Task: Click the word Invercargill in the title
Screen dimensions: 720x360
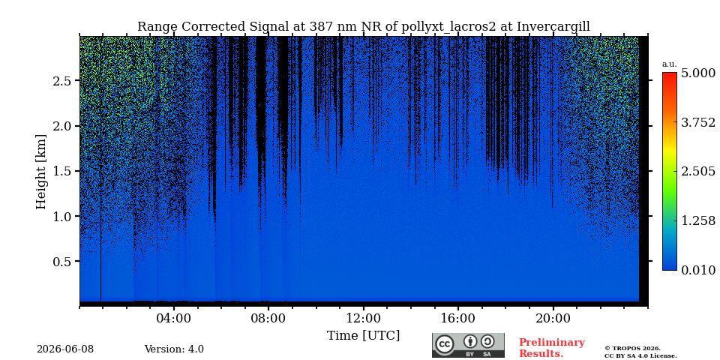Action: pos(553,27)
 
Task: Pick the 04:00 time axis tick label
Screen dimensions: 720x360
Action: pos(174,318)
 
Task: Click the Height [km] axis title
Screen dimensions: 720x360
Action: pos(41,172)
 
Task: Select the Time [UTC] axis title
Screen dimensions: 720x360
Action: pos(363,336)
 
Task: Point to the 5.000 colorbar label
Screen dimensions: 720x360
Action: pos(698,73)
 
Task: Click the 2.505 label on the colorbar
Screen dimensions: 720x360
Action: pos(698,172)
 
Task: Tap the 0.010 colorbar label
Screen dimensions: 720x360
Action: pos(698,270)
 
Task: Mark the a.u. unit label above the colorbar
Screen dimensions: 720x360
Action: pos(670,64)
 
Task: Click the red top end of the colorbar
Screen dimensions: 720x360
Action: pos(670,74)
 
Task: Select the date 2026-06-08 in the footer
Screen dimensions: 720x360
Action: pos(65,349)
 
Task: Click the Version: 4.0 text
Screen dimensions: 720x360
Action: pos(174,349)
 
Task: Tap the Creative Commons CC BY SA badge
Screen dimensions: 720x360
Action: pos(468,345)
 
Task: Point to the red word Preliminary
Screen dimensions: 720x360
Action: pos(552,343)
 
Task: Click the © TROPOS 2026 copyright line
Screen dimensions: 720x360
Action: pos(632,349)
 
